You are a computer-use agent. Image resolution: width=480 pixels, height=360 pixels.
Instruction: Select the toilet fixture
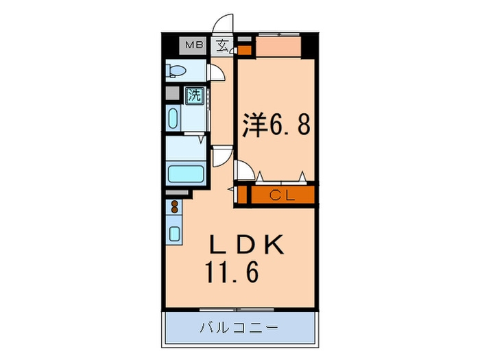(x=176, y=71)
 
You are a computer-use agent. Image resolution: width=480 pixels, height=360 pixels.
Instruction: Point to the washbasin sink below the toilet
(x=171, y=118)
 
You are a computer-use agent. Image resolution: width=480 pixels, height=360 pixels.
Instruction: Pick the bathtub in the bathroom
(x=186, y=174)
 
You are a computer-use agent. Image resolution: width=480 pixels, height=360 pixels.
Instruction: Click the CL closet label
(x=281, y=195)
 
